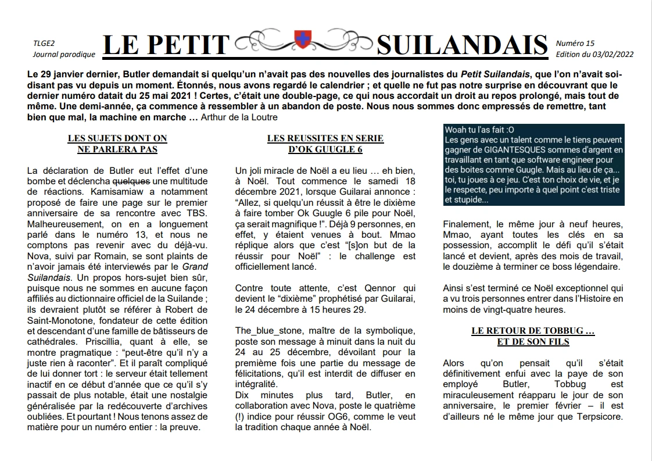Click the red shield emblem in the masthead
[x=302, y=40]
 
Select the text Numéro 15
[x=575, y=44]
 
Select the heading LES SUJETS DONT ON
[x=117, y=138]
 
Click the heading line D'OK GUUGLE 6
[x=325, y=149]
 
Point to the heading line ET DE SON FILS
[x=533, y=342]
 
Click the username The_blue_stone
[x=266, y=330]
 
